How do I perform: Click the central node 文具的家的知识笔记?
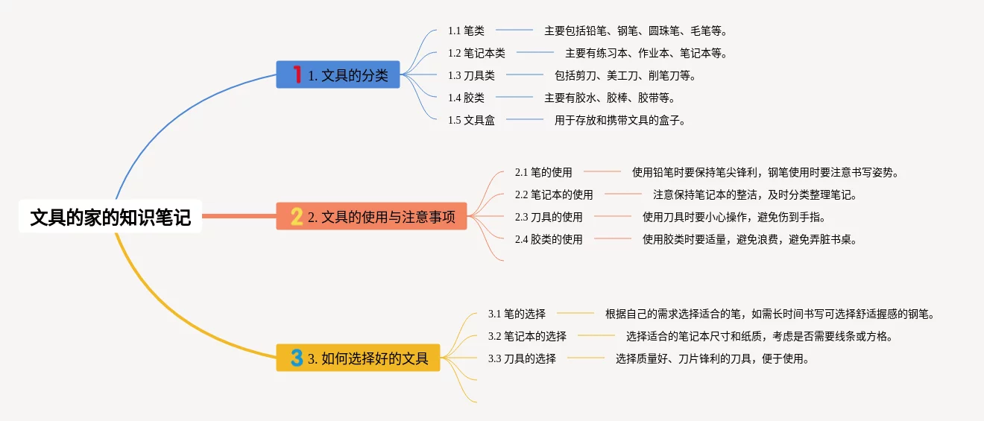pos(110,217)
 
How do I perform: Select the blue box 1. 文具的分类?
pos(338,75)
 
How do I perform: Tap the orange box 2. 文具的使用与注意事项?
pos(371,216)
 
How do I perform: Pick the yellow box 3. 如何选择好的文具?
pos(358,358)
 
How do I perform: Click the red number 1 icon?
pos(297,75)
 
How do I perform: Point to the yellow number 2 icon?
pos(297,216)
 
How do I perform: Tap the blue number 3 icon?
pos(297,358)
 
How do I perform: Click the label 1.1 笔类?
pos(466,31)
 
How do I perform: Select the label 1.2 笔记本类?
pos(476,53)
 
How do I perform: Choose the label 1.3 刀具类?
pos(471,75)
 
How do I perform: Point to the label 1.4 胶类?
pos(466,98)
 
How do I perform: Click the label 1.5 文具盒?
pos(471,120)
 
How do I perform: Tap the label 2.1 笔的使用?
pos(543,172)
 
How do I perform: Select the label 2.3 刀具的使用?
pos(549,217)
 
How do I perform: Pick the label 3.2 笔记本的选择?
pos(527,336)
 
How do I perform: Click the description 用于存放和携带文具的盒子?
pos(619,120)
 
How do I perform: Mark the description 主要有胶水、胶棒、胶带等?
pos(609,98)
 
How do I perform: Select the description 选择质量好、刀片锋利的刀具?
pos(712,358)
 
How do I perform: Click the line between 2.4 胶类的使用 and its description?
pos(613,238)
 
